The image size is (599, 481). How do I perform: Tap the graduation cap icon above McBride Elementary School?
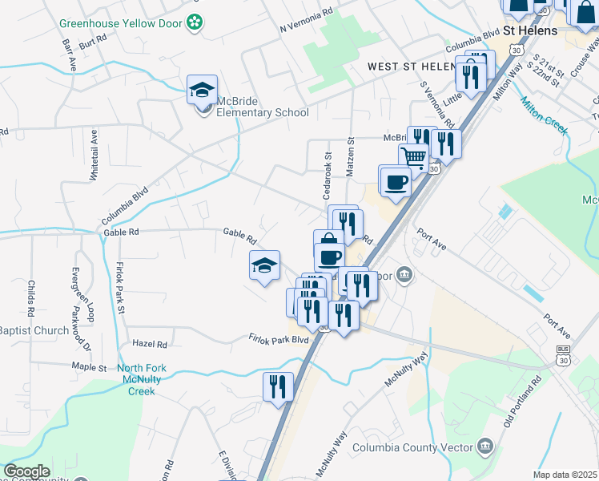coord(203,90)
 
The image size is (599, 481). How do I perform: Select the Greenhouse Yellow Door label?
coord(120,22)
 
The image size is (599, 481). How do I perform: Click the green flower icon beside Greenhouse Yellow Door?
coord(194,22)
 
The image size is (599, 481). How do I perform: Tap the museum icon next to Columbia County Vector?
coord(484,446)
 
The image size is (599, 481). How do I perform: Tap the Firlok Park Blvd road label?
coord(278,340)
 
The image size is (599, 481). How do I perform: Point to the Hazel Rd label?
coord(150,344)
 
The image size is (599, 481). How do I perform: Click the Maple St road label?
coord(89,367)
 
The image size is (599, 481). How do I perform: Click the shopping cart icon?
coord(413,157)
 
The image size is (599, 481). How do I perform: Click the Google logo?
coord(27,471)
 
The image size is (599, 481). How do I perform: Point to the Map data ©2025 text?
coord(565,475)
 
